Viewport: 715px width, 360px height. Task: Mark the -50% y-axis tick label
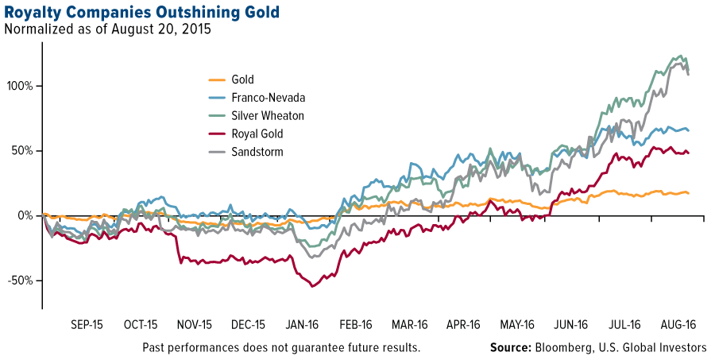(x=20, y=281)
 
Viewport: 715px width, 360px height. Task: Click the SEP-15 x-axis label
(x=87, y=325)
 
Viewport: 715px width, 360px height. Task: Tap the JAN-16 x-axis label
(x=302, y=325)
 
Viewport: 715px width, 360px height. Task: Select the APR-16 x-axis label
(x=463, y=325)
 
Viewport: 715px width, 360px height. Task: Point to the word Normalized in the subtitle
(x=36, y=30)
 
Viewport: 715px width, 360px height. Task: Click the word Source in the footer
(x=511, y=348)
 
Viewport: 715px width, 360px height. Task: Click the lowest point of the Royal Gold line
(x=312, y=286)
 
